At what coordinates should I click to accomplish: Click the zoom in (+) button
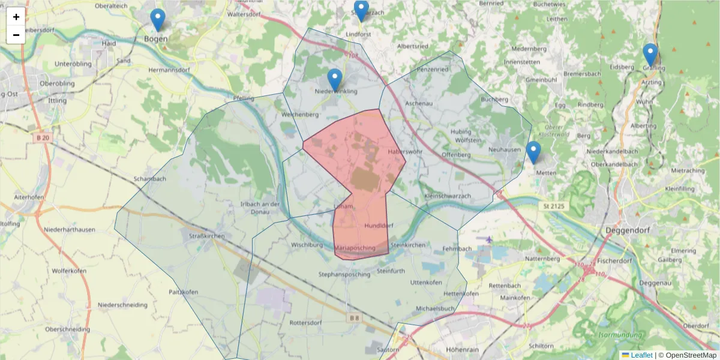click(16, 17)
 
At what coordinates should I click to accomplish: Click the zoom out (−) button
click(16, 35)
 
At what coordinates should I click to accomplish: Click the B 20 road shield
click(41, 137)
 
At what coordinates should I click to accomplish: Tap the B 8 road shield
click(355, 319)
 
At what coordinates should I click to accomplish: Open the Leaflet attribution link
click(641, 355)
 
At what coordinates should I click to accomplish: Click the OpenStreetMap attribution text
click(691, 355)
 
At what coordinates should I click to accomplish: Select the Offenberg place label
click(455, 155)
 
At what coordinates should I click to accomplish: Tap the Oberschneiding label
click(68, 329)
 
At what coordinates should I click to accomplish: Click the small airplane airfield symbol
click(489, 239)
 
